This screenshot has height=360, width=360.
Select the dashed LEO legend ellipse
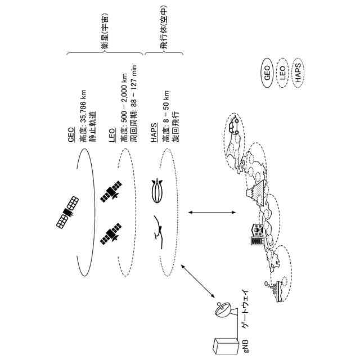[283, 71]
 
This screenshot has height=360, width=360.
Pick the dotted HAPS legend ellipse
[298, 71]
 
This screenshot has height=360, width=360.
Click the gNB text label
[245, 342]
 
